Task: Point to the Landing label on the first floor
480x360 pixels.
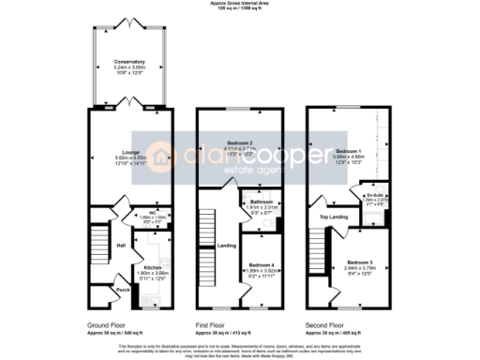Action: click(x=226, y=247)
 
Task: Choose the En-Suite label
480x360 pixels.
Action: click(x=371, y=193)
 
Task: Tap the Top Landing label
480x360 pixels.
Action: click(x=333, y=217)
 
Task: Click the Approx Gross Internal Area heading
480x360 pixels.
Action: click(x=239, y=5)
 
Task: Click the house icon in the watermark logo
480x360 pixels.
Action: click(x=174, y=157)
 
